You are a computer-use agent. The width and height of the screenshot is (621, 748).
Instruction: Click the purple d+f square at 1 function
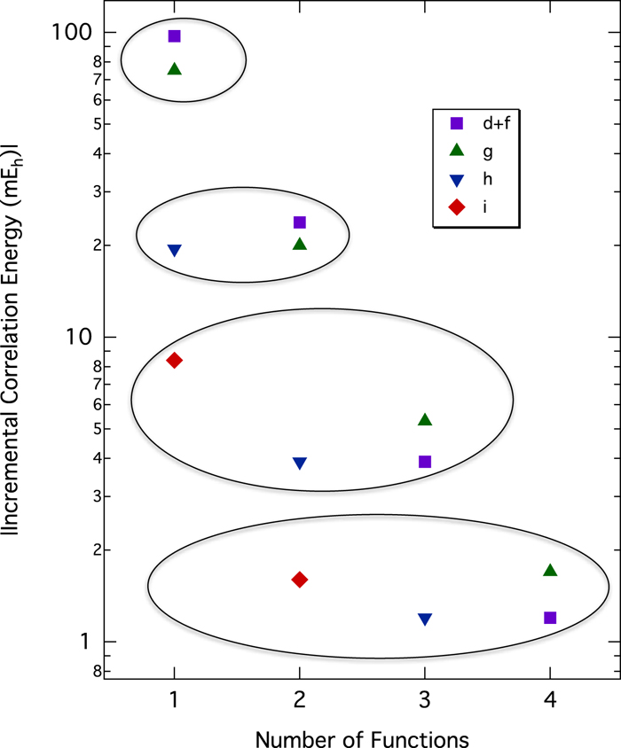coord(175,36)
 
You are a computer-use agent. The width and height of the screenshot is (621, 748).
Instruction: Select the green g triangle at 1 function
coord(175,69)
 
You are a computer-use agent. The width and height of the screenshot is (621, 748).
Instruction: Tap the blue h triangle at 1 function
coord(175,251)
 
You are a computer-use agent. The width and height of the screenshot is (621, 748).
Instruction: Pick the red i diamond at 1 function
coord(175,360)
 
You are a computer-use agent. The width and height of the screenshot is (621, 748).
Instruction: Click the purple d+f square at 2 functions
coord(300,222)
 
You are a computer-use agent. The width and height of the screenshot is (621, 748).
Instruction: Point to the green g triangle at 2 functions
coord(300,244)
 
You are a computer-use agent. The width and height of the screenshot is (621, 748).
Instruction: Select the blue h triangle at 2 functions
coord(300,464)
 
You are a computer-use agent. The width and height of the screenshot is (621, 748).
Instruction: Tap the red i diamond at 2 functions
coord(300,580)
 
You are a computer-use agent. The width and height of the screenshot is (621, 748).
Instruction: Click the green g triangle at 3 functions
coord(425,420)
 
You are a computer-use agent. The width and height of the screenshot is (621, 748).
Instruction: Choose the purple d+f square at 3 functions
coord(425,462)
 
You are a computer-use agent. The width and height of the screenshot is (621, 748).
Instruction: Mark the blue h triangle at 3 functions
coord(425,619)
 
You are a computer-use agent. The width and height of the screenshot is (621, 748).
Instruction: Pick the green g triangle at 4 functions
coord(550,571)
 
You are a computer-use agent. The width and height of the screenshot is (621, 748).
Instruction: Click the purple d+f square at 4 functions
coord(550,618)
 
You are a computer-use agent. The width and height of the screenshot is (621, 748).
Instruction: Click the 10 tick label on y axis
coord(81,338)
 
